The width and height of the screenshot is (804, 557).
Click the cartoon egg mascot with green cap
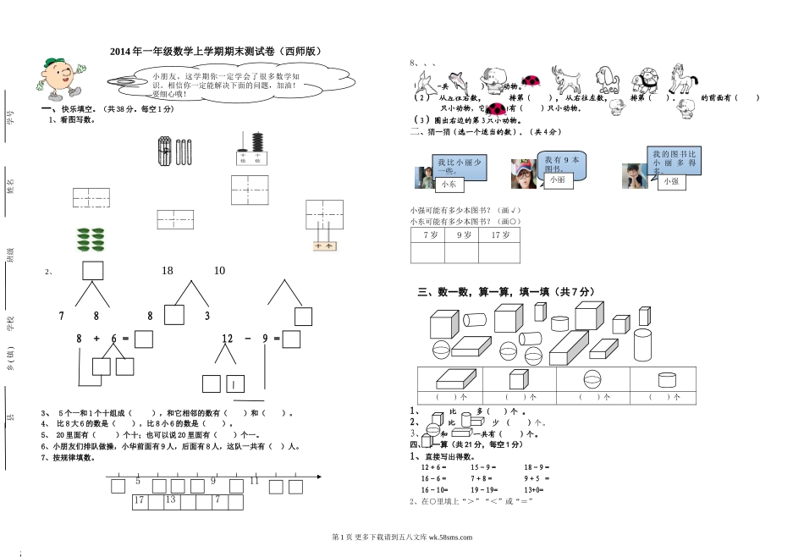tap(58, 77)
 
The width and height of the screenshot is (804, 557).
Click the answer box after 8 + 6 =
tap(143, 339)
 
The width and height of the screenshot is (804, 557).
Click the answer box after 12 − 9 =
tap(292, 339)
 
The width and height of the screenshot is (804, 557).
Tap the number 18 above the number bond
tap(167, 271)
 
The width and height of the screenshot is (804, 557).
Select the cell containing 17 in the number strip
tap(140, 500)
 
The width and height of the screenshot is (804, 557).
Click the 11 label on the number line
tap(254, 481)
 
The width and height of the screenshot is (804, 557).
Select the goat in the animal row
tap(568, 81)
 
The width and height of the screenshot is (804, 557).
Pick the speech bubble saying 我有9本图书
tap(561, 163)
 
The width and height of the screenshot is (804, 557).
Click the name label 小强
tap(670, 181)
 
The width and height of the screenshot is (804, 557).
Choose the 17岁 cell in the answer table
tap(499, 234)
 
